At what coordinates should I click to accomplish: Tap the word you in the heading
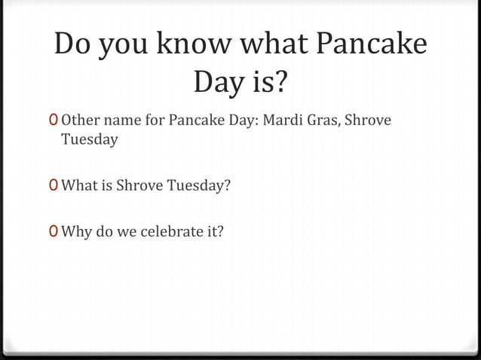121,46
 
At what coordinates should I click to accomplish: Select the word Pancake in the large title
372,46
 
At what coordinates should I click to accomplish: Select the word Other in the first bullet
79,120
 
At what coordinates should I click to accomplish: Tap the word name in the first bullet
119,120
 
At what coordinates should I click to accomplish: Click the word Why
75,231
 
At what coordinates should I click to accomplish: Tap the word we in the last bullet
127,231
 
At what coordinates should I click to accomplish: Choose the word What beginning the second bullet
80,185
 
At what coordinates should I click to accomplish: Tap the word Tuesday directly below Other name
89,139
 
